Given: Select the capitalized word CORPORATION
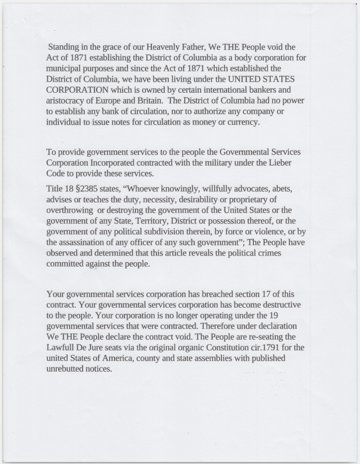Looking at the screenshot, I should (x=77, y=90).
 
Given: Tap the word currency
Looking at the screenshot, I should (x=242, y=122).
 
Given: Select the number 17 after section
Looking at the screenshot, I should (x=271, y=294).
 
